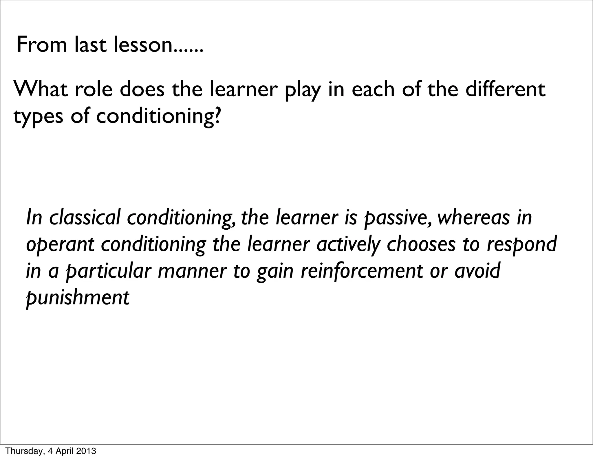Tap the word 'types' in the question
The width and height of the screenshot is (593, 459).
tap(38, 117)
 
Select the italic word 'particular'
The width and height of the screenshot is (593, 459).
tap(108, 272)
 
